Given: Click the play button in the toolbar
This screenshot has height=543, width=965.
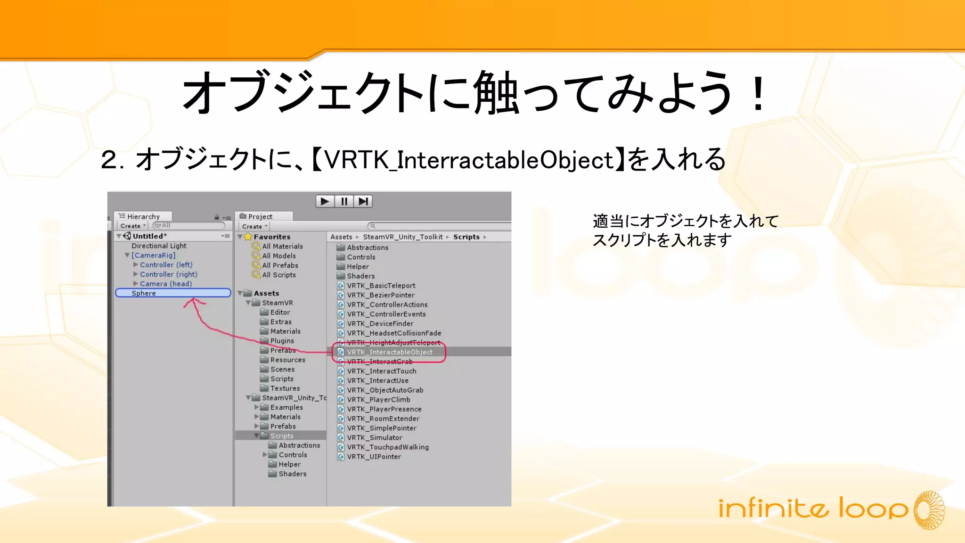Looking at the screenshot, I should pos(325,202).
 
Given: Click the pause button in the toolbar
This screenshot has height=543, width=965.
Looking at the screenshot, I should pos(344,202).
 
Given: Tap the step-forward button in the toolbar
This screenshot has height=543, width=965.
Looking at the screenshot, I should pos(363,202).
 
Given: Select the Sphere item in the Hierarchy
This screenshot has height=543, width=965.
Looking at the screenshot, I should pos(144,293).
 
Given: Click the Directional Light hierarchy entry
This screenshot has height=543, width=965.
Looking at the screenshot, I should pos(159,246).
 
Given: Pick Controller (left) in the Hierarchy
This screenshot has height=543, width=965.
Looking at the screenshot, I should pos(166,265).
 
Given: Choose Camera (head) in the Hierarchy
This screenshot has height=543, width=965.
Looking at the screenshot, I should pos(165,284).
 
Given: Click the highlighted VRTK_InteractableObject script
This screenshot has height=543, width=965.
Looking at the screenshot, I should pos(389,352).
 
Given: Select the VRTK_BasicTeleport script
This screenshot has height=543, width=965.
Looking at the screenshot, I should pos(381,286).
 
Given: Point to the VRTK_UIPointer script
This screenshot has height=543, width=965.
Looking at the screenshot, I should pos(374,457).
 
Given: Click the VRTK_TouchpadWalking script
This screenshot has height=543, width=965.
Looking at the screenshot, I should pos(387,447).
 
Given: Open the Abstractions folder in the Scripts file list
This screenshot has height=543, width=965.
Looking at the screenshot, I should pos(367,247).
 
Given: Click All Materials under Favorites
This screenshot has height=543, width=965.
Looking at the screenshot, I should pos(282,247).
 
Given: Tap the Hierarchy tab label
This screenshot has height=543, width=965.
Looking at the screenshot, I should pos(143,217).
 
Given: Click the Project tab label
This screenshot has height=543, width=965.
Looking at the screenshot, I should pos(260,217).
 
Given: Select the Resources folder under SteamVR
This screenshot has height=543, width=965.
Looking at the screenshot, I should pos(287,360).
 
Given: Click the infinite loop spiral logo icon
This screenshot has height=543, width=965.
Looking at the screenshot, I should pos(929,510).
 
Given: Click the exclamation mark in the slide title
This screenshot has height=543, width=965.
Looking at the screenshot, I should pos(758,93).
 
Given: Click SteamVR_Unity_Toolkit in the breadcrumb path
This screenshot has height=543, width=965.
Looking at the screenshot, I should pos(402,237).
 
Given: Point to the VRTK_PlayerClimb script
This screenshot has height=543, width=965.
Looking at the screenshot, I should pos(378,400).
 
